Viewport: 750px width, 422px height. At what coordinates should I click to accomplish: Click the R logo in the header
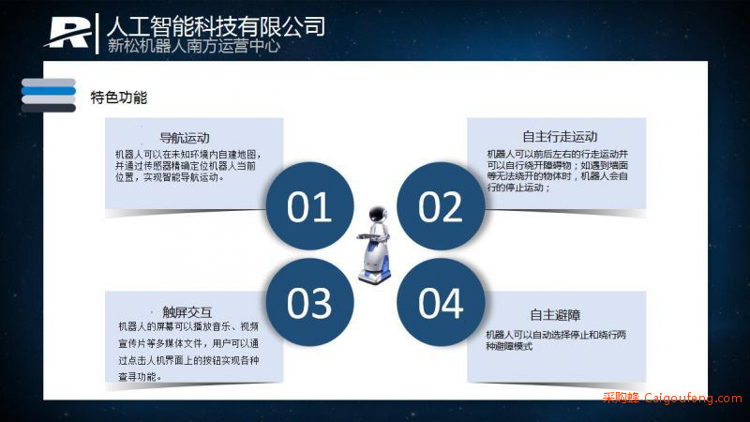pos(67,33)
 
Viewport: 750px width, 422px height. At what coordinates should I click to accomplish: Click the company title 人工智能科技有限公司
pos(216,26)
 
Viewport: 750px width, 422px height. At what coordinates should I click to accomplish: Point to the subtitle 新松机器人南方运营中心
pos(194,46)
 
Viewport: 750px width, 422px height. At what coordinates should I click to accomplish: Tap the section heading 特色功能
pos(119,98)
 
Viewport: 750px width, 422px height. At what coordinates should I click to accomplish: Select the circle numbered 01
pos(309,206)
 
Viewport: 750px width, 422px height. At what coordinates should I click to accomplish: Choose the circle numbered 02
pos(441,206)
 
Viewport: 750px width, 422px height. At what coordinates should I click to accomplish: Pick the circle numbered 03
pos(309,302)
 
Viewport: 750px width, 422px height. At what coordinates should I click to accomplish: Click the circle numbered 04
pos(441,302)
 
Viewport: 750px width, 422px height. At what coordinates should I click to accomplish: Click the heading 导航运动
pos(185,138)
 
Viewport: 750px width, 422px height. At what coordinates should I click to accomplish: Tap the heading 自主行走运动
pos(560,137)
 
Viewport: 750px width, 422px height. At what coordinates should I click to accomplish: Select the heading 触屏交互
pos(187,312)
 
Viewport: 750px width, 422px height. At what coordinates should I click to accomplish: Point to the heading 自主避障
pos(555,315)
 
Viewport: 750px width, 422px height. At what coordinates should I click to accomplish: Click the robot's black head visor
pos(378,214)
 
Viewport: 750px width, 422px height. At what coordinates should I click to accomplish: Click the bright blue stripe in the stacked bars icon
pos(49,91)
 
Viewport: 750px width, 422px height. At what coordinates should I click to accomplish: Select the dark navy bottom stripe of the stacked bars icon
pos(49,108)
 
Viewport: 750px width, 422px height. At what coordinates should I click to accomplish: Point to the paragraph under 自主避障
pos(556,340)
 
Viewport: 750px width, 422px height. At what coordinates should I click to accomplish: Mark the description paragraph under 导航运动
pos(188,166)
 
